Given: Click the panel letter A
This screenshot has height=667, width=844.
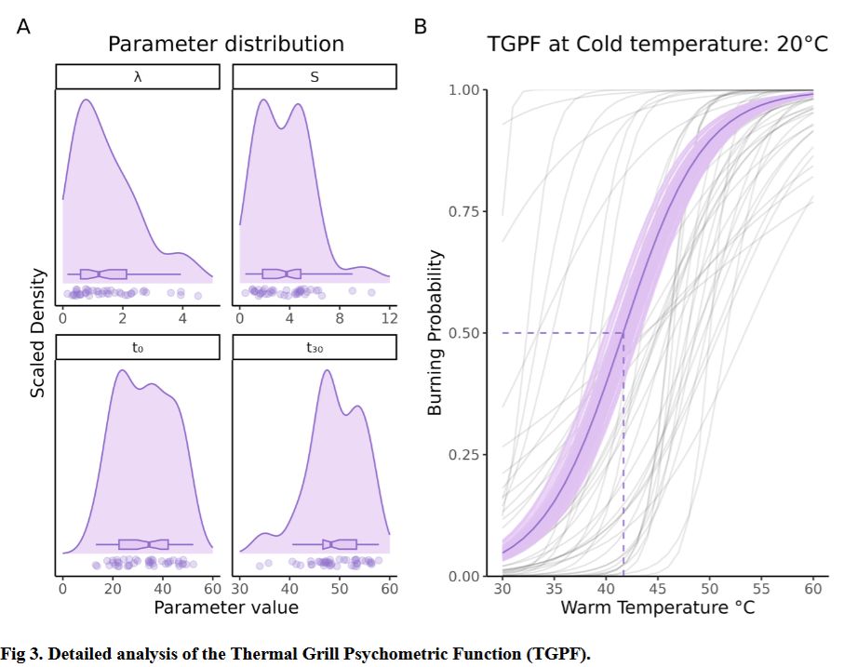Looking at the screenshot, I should point(23,27).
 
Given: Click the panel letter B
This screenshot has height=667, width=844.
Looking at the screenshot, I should point(420,27).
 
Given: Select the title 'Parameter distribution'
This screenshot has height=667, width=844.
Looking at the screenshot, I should point(225,44).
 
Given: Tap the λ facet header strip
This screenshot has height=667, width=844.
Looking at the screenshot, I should point(138,77).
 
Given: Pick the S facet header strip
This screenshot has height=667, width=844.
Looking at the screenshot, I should point(315,77).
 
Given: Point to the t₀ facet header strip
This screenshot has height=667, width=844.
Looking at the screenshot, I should point(138,347).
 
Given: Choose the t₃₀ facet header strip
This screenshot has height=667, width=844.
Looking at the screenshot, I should point(315,347).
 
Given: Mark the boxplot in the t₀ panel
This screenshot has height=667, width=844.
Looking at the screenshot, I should point(144,543).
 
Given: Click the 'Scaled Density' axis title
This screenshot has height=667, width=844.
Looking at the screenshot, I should point(37,332).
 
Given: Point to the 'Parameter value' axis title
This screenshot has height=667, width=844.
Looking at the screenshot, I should point(226,607).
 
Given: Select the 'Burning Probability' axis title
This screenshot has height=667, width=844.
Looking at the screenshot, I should point(435,332).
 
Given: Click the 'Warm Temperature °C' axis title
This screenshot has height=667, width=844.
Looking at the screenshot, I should point(657,607).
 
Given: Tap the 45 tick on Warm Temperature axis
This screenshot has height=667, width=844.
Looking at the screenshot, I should point(657,588).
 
